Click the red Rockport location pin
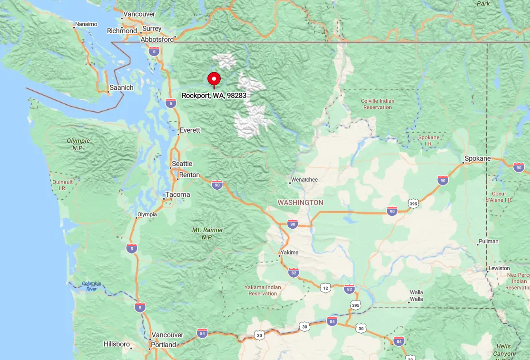pos(214,79)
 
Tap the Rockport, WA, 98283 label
pos(214,96)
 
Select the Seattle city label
pos(182,164)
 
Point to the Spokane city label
pos(477,158)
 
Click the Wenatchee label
pos(304,180)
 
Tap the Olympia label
pos(147,214)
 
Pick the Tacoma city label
pos(177,195)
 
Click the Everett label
pos(190,130)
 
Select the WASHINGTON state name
pos(300,203)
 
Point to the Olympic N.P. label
pos(78,144)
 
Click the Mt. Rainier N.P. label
pos(207,233)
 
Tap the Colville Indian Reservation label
pos(377,104)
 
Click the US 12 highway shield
pos(325,288)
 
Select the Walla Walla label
pos(416,296)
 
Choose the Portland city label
pos(163,345)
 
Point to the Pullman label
pos(489,241)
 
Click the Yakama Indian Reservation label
pos(263,290)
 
